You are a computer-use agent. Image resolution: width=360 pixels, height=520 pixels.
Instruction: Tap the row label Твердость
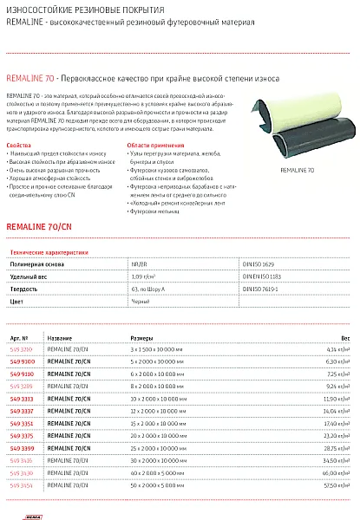point(23,287)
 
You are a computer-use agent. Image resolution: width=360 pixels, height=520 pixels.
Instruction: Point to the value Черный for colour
point(140,300)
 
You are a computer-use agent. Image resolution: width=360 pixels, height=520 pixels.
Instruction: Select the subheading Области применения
point(152,146)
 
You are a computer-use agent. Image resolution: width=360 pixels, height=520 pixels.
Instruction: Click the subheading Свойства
point(18,146)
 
